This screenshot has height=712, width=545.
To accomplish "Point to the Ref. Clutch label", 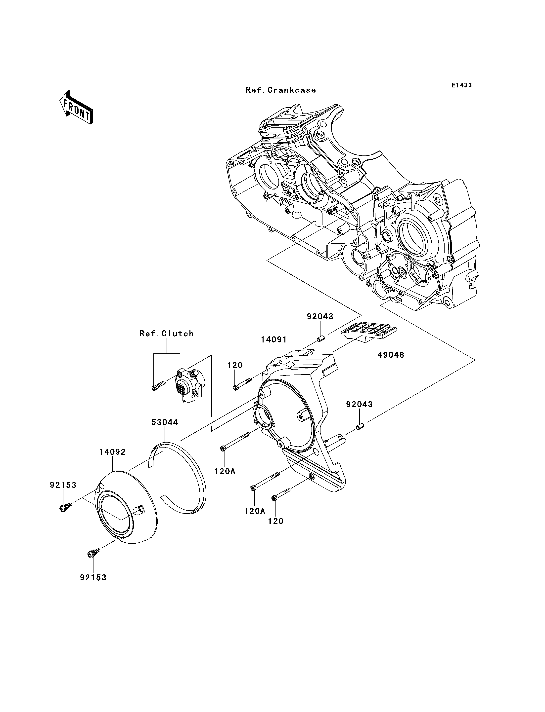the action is [167, 334].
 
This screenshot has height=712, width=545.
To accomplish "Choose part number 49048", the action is [391, 355].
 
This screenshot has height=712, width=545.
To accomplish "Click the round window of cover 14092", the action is [116, 517].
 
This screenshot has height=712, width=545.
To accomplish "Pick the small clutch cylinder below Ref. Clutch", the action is [189, 385].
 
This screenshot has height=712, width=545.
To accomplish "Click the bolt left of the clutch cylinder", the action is [159, 385].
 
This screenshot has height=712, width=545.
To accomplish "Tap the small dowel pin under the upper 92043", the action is [320, 339].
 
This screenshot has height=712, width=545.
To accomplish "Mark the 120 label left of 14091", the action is [235, 365].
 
